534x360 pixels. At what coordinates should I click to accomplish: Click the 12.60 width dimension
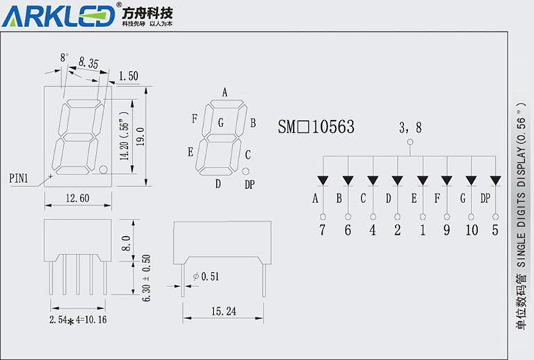coord(76,199)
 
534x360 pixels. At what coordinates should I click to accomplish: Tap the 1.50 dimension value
coord(129,76)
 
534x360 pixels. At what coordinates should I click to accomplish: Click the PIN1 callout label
coord(19,178)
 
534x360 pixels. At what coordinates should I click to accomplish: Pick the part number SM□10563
coord(316,127)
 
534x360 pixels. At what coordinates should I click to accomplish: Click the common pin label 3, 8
coord(410,127)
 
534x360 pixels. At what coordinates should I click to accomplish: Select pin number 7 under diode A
coord(323,230)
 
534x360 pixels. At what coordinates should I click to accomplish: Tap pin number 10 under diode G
coord(471,230)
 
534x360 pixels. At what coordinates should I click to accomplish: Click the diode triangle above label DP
coord(496,181)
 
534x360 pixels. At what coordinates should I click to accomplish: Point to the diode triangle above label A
coord(323,181)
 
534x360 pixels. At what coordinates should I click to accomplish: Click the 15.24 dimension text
coord(223,312)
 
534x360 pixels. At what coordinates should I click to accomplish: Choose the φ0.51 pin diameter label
coord(206,276)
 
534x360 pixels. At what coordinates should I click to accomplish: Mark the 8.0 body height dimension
coord(126,243)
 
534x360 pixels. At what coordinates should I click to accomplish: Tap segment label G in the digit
coord(220,124)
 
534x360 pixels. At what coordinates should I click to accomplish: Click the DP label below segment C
coord(249,184)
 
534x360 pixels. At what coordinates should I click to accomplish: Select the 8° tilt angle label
coord(65,56)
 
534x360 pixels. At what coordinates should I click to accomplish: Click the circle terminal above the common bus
coord(410,142)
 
